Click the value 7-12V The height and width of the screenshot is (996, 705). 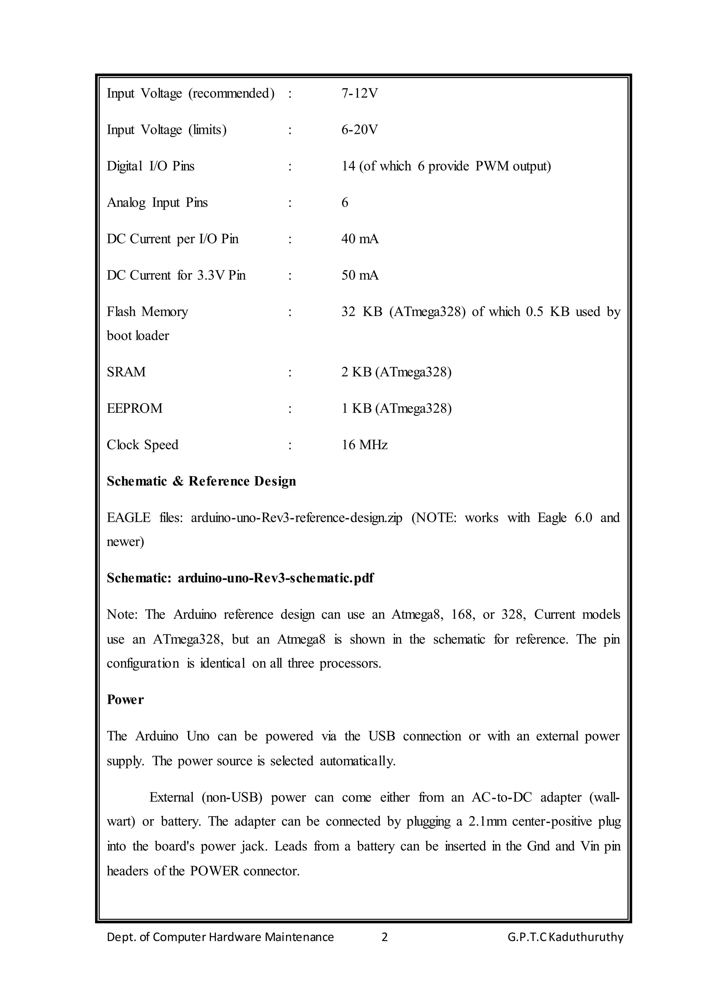(359, 93)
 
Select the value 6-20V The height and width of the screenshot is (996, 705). (359, 130)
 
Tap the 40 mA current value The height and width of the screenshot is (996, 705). (360, 239)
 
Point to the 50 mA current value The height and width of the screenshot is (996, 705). (360, 275)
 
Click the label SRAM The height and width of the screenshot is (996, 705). (126, 372)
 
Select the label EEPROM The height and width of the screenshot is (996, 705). (135, 409)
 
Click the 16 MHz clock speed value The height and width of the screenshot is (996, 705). (364, 445)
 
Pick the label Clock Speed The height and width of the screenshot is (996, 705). (143, 445)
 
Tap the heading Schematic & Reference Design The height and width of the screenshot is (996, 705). (201, 481)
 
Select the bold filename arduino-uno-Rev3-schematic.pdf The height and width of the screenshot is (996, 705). (276, 578)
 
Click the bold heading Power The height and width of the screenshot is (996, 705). (125, 700)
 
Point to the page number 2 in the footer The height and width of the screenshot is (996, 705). (384, 937)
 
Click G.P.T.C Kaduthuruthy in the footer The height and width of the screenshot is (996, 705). (565, 937)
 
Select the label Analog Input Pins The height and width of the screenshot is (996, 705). (157, 203)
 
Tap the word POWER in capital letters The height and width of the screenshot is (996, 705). (214, 871)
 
